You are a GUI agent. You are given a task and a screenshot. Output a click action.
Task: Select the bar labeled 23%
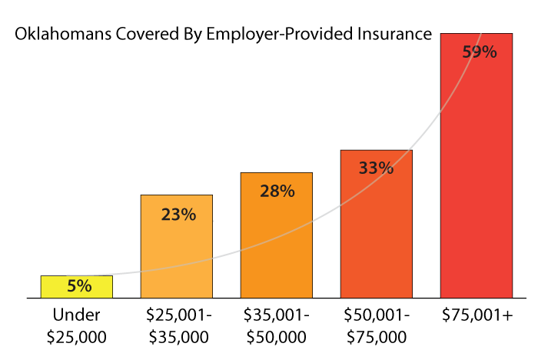click(x=177, y=254)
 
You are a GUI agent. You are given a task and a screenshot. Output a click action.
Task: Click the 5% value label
click(x=79, y=286)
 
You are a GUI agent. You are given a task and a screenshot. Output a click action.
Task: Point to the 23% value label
click(x=178, y=215)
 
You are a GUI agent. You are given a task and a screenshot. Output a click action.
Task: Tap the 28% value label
click(x=277, y=192)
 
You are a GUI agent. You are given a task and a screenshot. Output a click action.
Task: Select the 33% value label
click(x=377, y=168)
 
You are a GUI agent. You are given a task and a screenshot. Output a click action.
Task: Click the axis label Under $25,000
click(x=77, y=325)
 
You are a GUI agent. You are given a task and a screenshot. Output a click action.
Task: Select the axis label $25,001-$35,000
click(x=177, y=325)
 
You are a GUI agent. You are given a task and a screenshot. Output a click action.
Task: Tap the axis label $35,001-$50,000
click(x=277, y=325)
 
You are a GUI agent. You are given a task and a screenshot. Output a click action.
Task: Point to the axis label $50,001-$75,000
click(x=377, y=325)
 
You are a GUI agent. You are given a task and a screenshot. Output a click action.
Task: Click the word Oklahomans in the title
click(x=55, y=35)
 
